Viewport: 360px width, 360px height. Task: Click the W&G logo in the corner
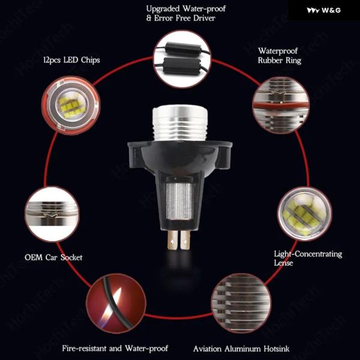tap(324, 10)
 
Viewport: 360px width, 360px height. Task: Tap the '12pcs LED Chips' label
tap(71, 60)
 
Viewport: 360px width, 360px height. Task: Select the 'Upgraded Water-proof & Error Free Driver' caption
tap(186, 13)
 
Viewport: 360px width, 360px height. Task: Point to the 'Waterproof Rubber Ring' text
tap(280, 56)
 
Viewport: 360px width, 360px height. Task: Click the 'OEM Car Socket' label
tap(53, 257)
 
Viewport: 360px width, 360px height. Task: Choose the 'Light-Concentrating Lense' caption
tap(308, 258)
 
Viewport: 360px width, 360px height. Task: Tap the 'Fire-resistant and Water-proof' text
tap(115, 348)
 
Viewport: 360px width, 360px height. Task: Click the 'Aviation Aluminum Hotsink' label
tap(241, 349)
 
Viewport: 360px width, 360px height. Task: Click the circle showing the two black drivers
tap(182, 59)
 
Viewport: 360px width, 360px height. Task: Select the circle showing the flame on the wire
tap(116, 303)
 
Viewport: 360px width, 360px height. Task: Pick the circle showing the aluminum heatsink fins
tap(241, 303)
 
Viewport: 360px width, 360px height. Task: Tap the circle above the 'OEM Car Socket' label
tap(52, 214)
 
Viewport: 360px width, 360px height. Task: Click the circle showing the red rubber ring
tap(281, 105)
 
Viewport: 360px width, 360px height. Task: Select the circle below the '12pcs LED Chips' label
tap(71, 106)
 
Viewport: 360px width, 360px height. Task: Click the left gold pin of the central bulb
tap(173, 240)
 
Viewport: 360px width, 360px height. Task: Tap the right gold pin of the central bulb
tap(185, 240)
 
